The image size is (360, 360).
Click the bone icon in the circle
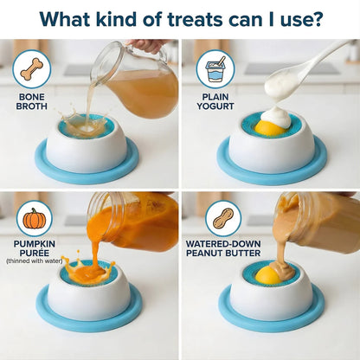[32, 69]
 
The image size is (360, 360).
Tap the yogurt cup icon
[215, 69]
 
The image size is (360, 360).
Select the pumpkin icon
[35, 219]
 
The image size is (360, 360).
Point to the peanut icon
[223, 219]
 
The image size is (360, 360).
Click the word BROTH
[32, 106]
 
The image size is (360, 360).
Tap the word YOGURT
[215, 106]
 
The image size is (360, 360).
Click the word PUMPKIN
[35, 244]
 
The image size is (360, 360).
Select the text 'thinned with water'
[35, 261]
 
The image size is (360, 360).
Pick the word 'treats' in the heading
[195, 19]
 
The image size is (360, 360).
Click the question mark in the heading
[316, 19]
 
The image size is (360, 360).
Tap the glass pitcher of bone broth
[135, 80]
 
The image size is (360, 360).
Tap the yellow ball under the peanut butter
[268, 275]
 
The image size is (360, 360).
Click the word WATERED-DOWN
[223, 244]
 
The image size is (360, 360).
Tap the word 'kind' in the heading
[116, 19]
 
